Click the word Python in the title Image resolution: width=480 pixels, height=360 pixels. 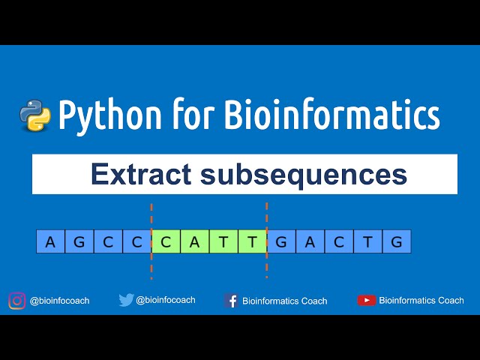pos(110,116)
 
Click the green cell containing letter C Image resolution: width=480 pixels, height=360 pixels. pos(166,241)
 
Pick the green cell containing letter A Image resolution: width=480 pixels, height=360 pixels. pos(195,241)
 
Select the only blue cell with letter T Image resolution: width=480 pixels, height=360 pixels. pos(368,241)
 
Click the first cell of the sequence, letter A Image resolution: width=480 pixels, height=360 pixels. pos(50,241)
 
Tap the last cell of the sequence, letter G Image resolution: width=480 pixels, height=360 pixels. pos(397,241)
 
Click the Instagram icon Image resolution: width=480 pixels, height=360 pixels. pos(16,301)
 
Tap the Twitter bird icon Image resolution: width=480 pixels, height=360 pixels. pos(126,300)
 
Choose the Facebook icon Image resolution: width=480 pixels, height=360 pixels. pos(232,301)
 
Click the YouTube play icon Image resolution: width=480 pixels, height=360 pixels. pos(366,300)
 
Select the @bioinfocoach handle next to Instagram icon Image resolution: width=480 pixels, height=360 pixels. pos(59,301)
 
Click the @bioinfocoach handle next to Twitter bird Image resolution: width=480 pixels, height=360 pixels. pos(166,300)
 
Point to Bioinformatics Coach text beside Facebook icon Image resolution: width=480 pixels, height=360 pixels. pos(285,301)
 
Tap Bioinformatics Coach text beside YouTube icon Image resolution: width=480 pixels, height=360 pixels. pos(421,300)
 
